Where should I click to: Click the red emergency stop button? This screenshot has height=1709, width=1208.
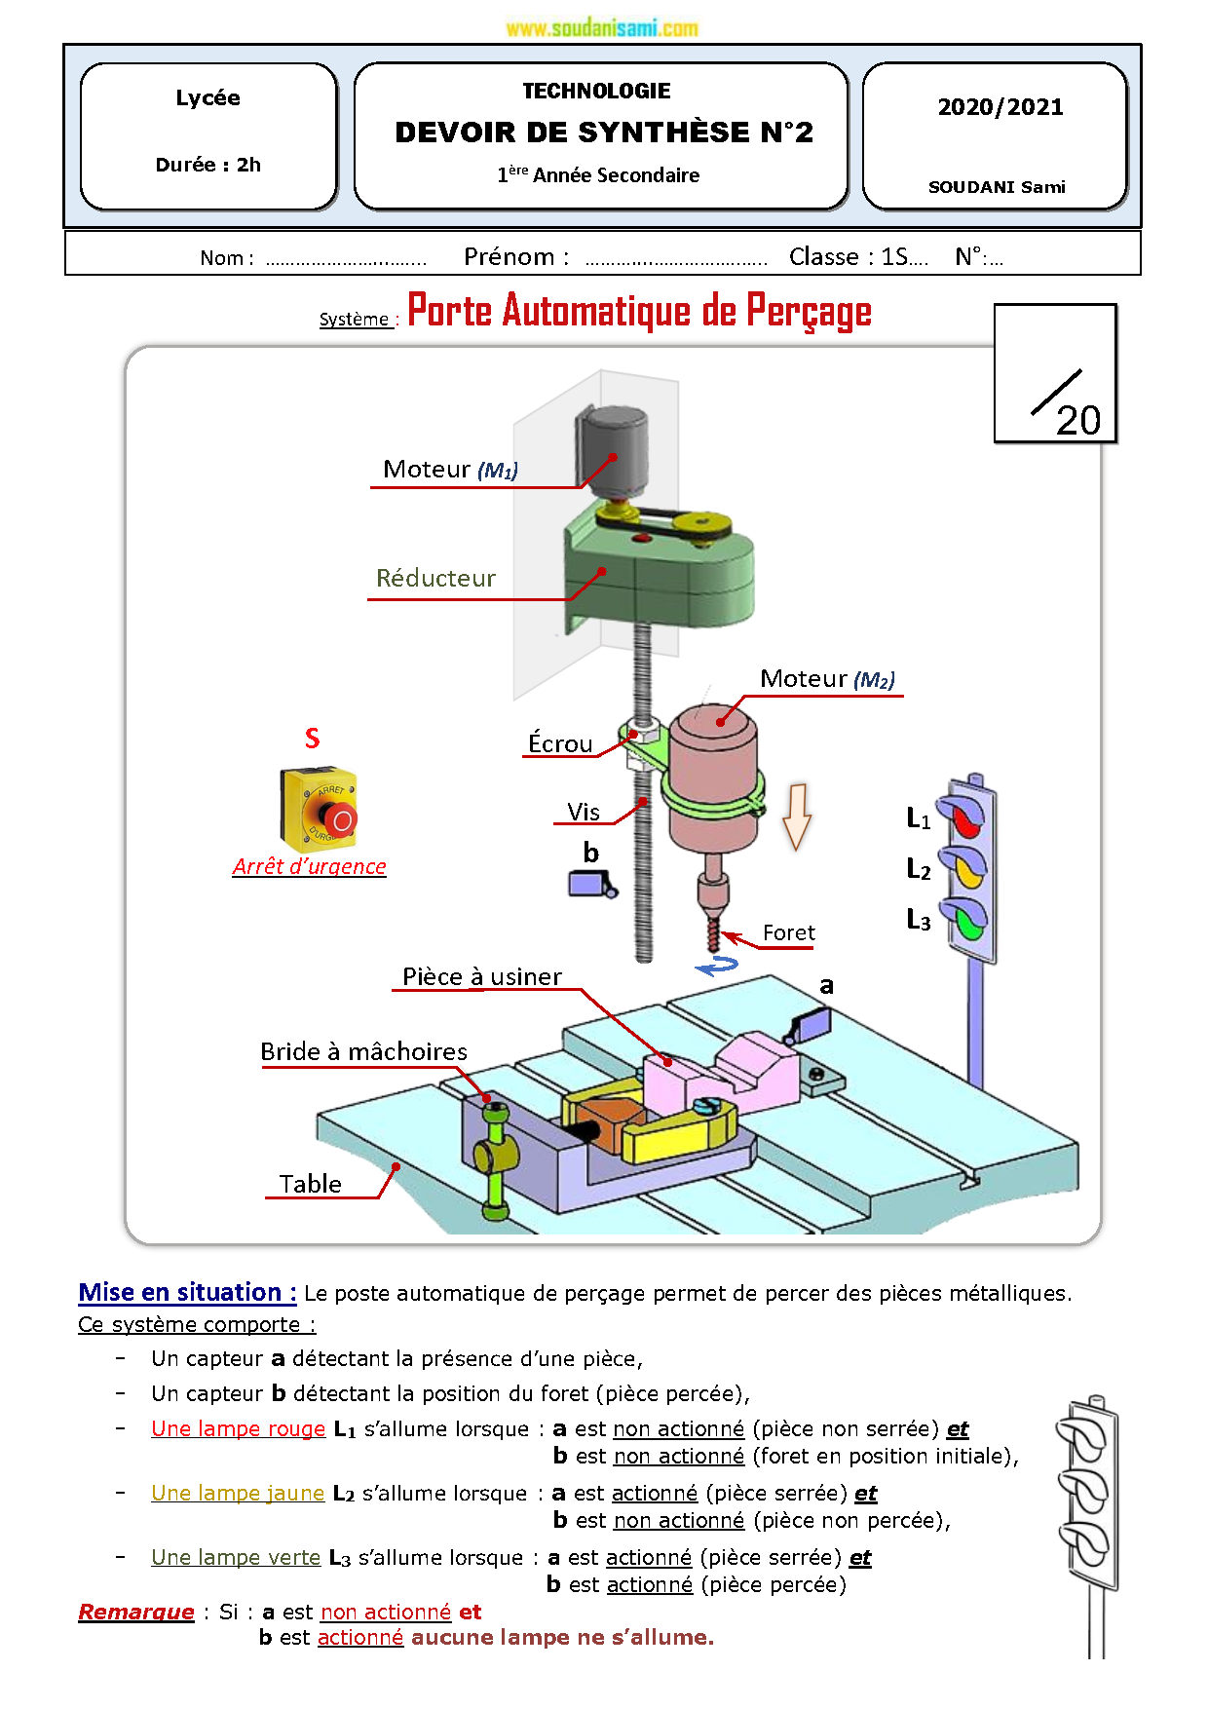point(340,819)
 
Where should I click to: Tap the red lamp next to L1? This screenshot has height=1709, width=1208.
point(964,820)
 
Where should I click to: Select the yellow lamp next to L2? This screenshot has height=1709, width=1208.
point(966,869)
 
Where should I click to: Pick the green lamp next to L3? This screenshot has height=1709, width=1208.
point(968,921)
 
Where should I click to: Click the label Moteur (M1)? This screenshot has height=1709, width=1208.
point(450,470)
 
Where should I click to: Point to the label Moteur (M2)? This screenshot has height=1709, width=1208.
point(827,679)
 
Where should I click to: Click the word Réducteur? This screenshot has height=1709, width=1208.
point(435,579)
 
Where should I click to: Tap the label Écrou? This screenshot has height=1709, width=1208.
point(560,744)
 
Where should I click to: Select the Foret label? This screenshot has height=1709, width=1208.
point(788,933)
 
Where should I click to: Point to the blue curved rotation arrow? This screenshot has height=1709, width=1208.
point(717,966)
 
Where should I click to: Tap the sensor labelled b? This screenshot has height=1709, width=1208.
point(590,884)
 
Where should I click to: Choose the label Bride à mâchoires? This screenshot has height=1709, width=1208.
point(363,1052)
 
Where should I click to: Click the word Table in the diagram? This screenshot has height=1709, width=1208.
point(310,1185)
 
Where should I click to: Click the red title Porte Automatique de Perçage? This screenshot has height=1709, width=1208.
point(639,312)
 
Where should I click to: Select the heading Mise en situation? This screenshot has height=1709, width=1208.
point(187,1293)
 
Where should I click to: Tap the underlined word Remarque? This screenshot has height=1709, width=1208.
point(136,1613)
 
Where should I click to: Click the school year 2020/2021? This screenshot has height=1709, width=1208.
point(1000,107)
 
